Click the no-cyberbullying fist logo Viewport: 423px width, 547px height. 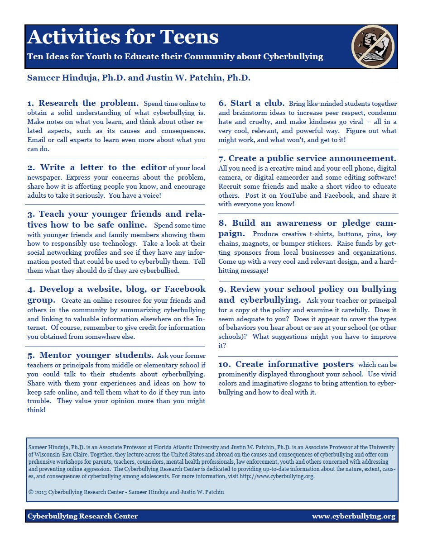tap(373, 47)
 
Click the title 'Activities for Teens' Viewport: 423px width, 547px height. tap(123, 37)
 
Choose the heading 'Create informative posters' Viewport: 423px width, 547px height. tap(294, 364)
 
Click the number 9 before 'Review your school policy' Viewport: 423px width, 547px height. tap(221, 289)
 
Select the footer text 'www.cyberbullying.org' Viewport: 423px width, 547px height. tap(353, 516)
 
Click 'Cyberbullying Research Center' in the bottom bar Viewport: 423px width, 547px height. tap(83, 516)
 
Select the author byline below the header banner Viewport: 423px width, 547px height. tap(139, 78)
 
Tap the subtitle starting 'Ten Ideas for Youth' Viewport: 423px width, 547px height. tap(175, 57)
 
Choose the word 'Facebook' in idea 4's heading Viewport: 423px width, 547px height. tap(185, 289)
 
